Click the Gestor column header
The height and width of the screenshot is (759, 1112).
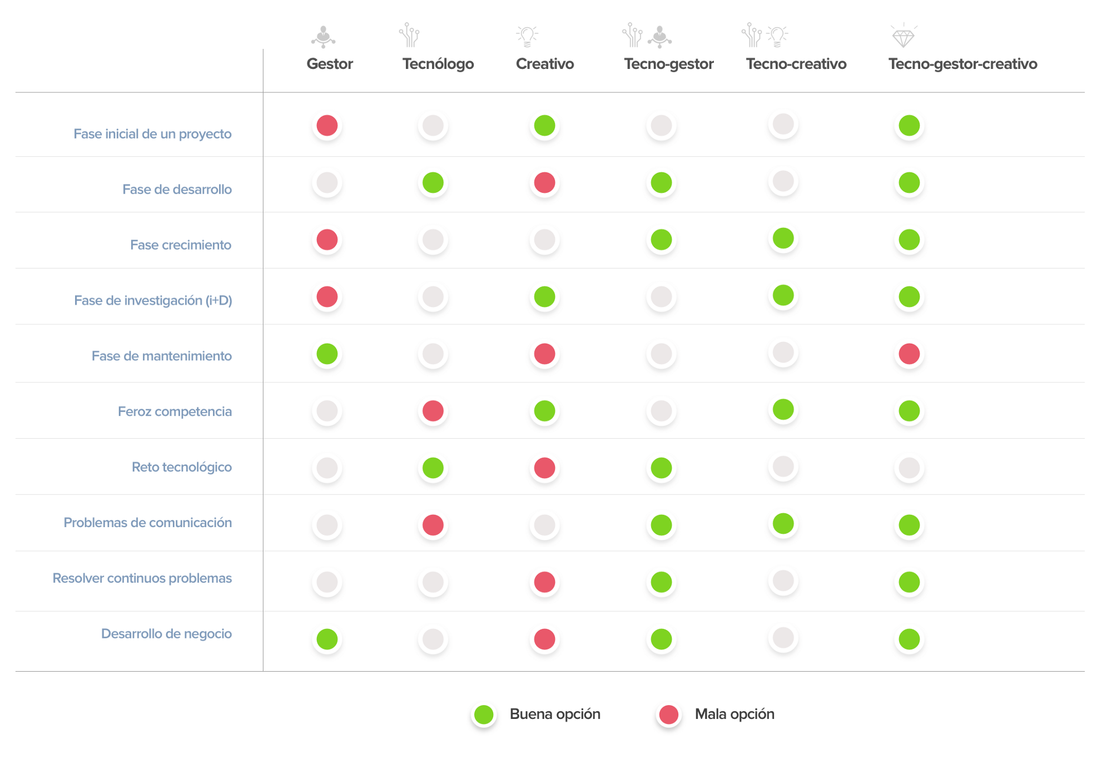330,64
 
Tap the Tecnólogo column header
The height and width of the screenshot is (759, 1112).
438,64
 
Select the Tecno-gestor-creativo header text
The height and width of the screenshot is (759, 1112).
962,64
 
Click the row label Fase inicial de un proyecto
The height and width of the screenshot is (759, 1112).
152,134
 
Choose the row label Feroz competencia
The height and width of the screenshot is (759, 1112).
175,411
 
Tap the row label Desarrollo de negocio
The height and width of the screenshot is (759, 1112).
166,634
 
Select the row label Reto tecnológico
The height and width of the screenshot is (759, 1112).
181,467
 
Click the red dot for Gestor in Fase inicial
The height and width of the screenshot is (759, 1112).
327,126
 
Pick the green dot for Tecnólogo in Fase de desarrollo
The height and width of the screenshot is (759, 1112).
433,182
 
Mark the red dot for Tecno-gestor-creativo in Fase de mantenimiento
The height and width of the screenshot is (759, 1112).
909,354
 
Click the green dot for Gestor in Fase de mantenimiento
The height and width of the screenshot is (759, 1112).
327,354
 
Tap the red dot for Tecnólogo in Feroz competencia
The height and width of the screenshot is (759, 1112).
433,411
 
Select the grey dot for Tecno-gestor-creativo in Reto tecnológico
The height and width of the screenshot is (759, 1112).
909,468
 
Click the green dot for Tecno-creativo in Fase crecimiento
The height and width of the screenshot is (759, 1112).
783,239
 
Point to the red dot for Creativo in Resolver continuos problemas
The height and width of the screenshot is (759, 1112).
544,582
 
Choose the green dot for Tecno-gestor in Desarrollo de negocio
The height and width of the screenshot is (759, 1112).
661,639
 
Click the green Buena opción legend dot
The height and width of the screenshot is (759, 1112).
484,715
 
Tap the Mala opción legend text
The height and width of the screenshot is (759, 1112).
734,715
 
